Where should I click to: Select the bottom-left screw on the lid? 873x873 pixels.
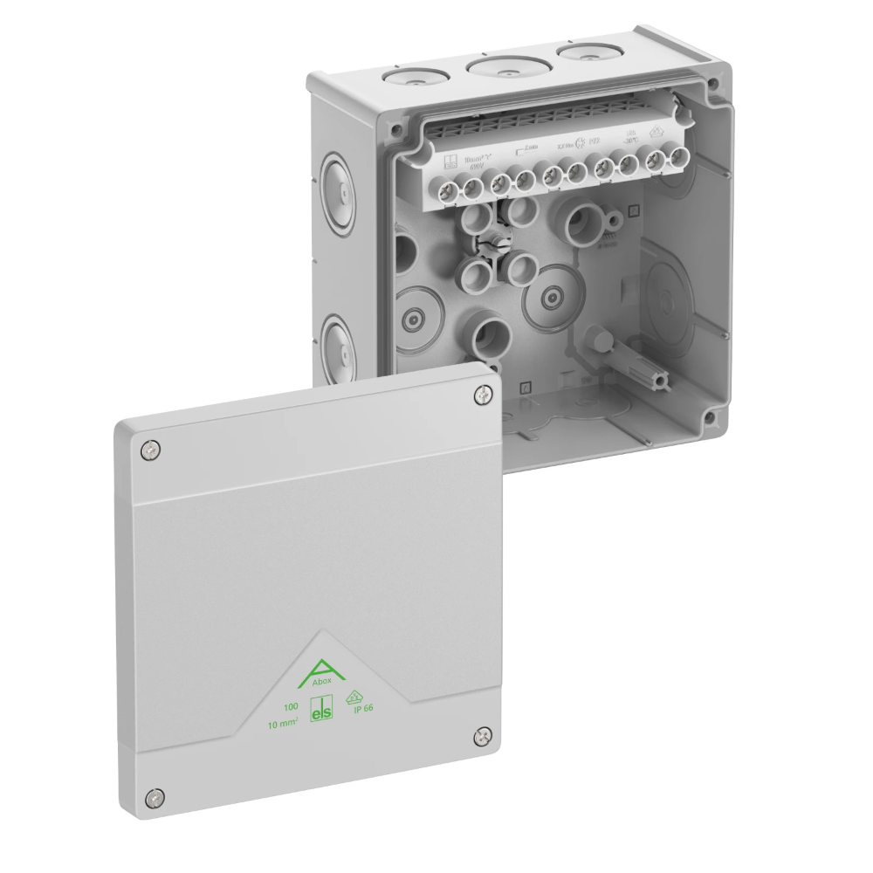tap(154, 796)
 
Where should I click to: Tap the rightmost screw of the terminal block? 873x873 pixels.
tap(676, 158)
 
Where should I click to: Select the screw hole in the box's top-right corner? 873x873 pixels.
tap(714, 85)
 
